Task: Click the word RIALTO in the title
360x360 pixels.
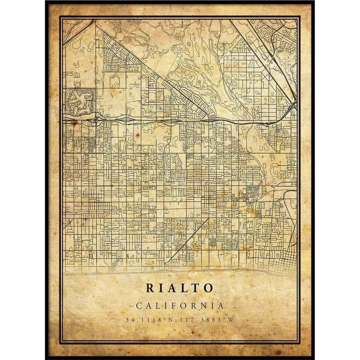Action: (x=180, y=288)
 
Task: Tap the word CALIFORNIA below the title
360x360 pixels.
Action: (x=180, y=306)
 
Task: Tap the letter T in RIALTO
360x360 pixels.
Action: (x=196, y=288)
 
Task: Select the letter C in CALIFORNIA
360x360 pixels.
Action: (x=139, y=306)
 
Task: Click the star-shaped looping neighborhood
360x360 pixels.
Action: (x=80, y=102)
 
